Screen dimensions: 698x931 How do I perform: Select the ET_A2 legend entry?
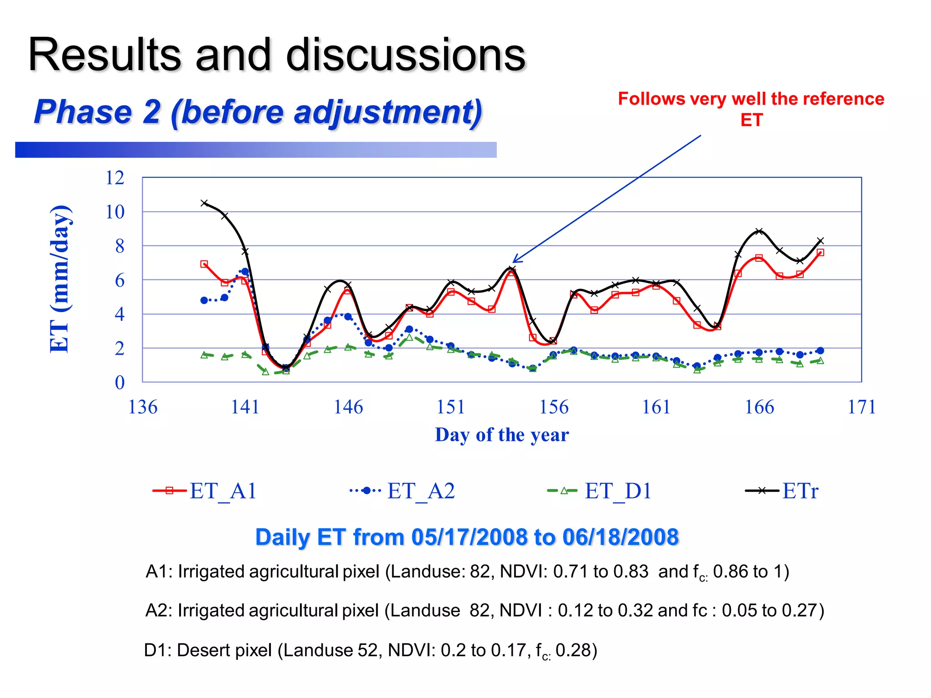[x=403, y=491]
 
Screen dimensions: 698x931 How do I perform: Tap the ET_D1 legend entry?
[x=600, y=491]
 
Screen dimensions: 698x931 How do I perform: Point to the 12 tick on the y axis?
[x=115, y=178]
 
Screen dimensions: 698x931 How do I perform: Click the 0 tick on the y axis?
[x=119, y=382]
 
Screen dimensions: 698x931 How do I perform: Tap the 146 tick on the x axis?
[x=348, y=407]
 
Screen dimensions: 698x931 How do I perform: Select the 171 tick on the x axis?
[x=861, y=407]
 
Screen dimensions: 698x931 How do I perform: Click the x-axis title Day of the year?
[x=501, y=435]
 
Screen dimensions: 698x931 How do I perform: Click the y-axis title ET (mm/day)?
[x=60, y=279]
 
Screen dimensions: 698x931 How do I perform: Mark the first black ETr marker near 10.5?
[x=204, y=203]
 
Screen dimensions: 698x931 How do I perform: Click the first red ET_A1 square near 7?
[x=204, y=264]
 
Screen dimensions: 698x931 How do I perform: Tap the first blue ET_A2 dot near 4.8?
[x=204, y=300]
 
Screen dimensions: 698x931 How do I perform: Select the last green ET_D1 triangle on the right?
[x=820, y=361]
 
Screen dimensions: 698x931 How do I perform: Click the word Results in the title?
[x=105, y=55]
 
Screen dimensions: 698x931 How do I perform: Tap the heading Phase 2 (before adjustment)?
[x=258, y=112]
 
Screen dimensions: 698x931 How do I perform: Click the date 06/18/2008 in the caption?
[x=620, y=537]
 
